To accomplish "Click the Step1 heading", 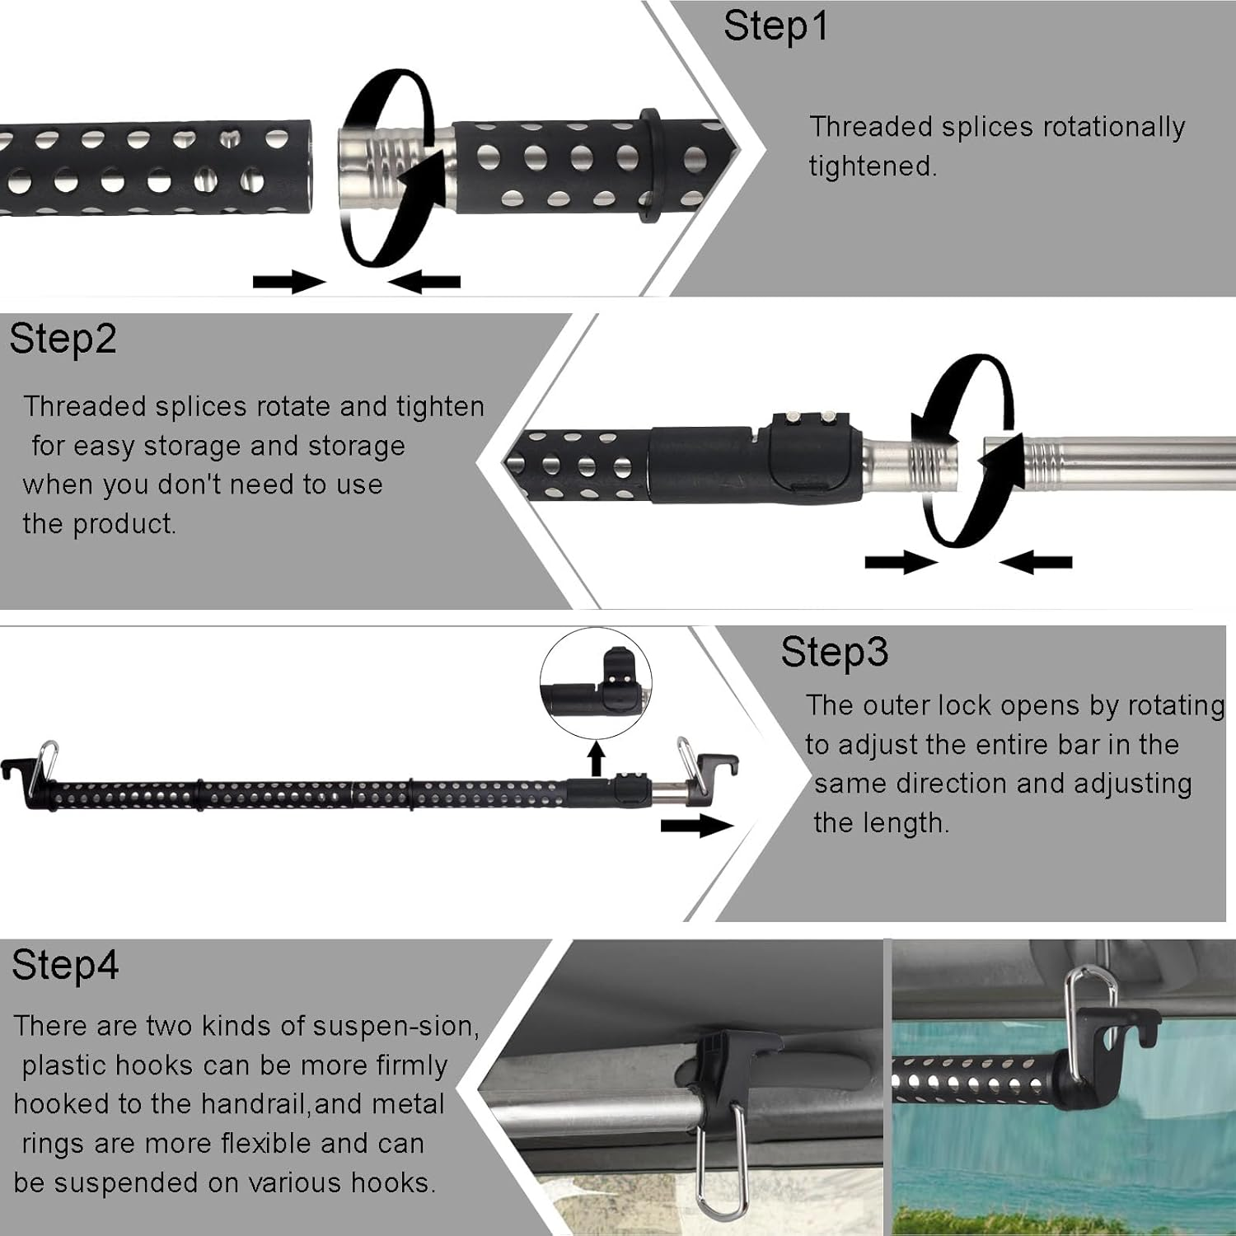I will (x=775, y=26).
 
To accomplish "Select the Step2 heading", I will (x=63, y=339).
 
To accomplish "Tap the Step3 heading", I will (x=834, y=653).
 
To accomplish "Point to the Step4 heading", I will (x=65, y=965).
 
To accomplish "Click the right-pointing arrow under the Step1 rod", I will (x=288, y=283).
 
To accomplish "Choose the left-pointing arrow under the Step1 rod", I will (x=424, y=283).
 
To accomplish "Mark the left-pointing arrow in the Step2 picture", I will (x=1036, y=563).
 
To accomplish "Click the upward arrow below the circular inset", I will (x=597, y=758).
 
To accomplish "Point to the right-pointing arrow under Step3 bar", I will (x=696, y=826).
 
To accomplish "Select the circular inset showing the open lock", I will (x=596, y=684).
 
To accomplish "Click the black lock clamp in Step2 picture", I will (x=812, y=457).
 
